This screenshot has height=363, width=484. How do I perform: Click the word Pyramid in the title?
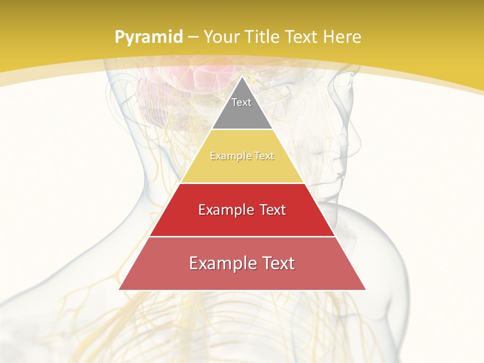click(148, 37)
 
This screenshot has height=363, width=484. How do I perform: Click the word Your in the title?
click(222, 37)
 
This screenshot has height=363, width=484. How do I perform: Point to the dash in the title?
click(193, 37)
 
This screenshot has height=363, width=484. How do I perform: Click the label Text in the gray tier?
click(241, 102)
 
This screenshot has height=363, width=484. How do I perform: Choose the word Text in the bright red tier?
click(270, 210)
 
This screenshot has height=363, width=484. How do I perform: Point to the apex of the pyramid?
click(242, 77)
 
